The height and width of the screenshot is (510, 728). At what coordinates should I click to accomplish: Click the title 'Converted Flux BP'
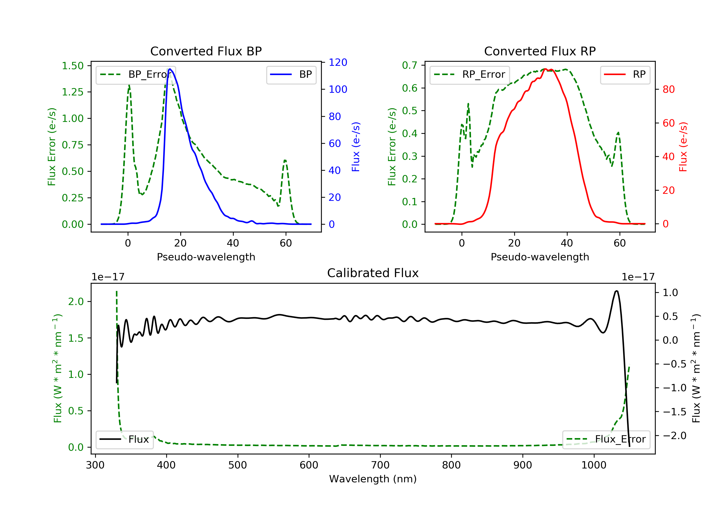(206, 51)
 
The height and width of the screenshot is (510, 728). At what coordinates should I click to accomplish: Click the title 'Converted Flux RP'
(540, 51)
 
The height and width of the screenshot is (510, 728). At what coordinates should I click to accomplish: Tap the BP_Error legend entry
(136, 75)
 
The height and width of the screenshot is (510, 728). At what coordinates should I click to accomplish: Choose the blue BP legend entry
(291, 75)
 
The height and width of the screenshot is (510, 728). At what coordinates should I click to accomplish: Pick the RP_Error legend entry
(470, 75)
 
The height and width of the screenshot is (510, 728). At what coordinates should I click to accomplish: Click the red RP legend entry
(625, 75)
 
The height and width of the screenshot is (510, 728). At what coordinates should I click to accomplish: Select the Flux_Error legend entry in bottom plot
(606, 439)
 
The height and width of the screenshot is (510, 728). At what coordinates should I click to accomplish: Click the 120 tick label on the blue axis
(338, 62)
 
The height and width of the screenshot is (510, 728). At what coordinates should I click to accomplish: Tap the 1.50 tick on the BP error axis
(73, 66)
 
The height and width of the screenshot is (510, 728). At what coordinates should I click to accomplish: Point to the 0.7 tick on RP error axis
(409, 65)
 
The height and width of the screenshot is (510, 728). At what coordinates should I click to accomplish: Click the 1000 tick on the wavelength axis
(594, 465)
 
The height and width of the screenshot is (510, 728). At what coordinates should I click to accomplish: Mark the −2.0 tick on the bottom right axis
(674, 435)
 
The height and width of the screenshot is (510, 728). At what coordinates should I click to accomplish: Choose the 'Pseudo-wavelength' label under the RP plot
(540, 257)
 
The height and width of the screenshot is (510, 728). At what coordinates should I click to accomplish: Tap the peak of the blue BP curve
(170, 69)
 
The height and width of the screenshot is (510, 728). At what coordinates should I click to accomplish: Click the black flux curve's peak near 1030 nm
(616, 291)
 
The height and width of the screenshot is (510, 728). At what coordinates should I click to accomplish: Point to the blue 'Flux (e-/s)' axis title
(356, 147)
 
